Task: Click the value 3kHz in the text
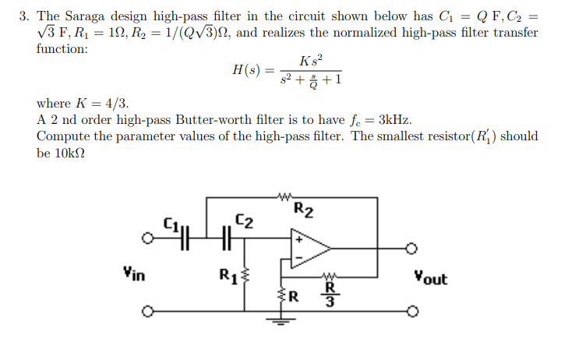click(x=396, y=120)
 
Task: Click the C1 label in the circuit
click(x=169, y=224)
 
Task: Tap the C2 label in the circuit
click(x=243, y=221)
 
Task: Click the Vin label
click(x=132, y=274)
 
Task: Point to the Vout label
click(x=430, y=277)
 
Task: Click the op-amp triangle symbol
click(x=309, y=248)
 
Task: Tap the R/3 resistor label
click(x=330, y=295)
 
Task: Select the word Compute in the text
click(x=62, y=136)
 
